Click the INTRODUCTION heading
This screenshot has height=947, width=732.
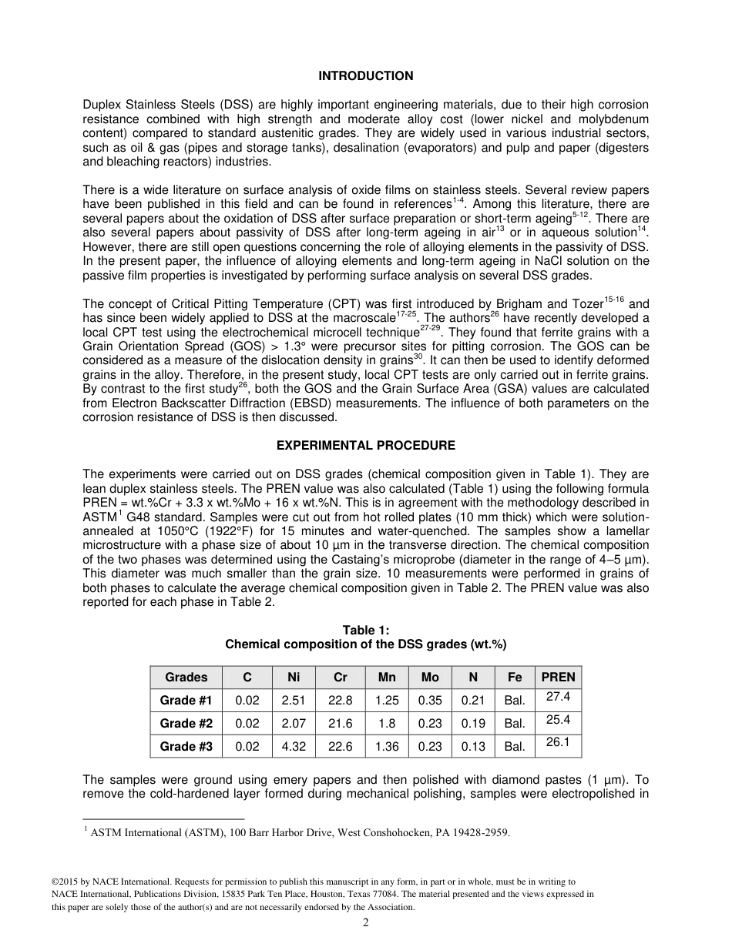coord(365,75)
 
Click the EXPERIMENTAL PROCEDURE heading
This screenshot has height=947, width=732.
coord(365,445)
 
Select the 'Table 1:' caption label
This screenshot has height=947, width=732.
coord(365,631)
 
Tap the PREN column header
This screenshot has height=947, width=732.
coord(558,677)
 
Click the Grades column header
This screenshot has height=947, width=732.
coord(186,677)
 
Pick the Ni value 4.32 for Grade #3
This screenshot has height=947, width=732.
coord(294,746)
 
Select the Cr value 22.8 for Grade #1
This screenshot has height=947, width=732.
coord(340,700)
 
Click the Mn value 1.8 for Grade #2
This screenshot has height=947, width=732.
coord(387,723)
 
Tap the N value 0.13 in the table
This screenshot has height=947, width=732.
coord(473,746)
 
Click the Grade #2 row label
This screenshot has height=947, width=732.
coord(186,723)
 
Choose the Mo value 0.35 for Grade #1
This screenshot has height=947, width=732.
coord(430,700)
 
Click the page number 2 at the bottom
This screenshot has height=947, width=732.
coord(365,923)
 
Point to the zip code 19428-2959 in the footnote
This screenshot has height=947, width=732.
coord(477,832)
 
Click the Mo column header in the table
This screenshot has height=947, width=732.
coord(430,677)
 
